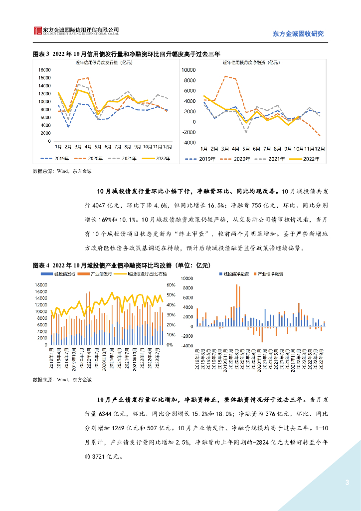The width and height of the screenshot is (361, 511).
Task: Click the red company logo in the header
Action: pos(37,31)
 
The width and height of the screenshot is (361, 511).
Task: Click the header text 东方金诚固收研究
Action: pos(299,34)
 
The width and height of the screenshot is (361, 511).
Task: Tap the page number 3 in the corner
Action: pos(347,483)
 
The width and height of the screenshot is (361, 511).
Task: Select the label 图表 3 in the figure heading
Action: pos(41,54)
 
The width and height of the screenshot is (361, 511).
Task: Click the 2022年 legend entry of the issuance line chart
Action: pos(160,159)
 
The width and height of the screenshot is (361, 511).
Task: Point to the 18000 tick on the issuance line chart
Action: pos(44,70)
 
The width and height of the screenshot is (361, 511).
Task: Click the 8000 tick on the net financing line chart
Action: pos(189,80)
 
